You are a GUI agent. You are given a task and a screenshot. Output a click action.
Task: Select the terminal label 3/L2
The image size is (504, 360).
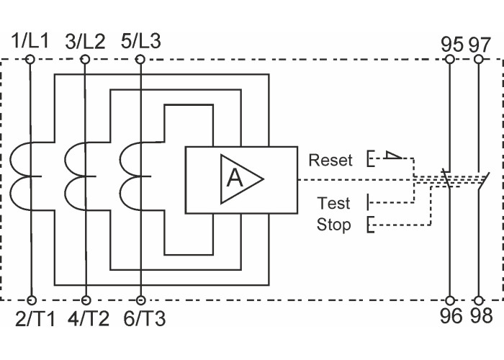pos(85,40)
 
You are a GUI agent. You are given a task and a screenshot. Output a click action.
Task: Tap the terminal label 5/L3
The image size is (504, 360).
pos(141,40)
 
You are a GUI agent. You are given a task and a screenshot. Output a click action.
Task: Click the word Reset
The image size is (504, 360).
pos(330,160)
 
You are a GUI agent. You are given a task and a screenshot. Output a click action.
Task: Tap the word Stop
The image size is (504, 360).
pos(334,225)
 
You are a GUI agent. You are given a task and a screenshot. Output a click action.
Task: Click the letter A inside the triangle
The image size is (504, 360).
pos(235,177)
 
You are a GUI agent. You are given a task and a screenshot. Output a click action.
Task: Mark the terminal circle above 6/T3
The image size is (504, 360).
pos(140,300)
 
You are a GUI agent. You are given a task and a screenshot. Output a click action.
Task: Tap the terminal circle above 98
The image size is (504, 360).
pos(477,300)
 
